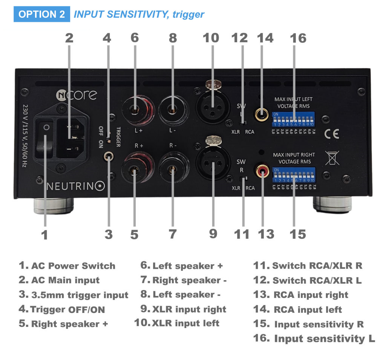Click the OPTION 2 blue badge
click(41, 14)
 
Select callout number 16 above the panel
click(298, 38)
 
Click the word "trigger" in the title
click(188, 14)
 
